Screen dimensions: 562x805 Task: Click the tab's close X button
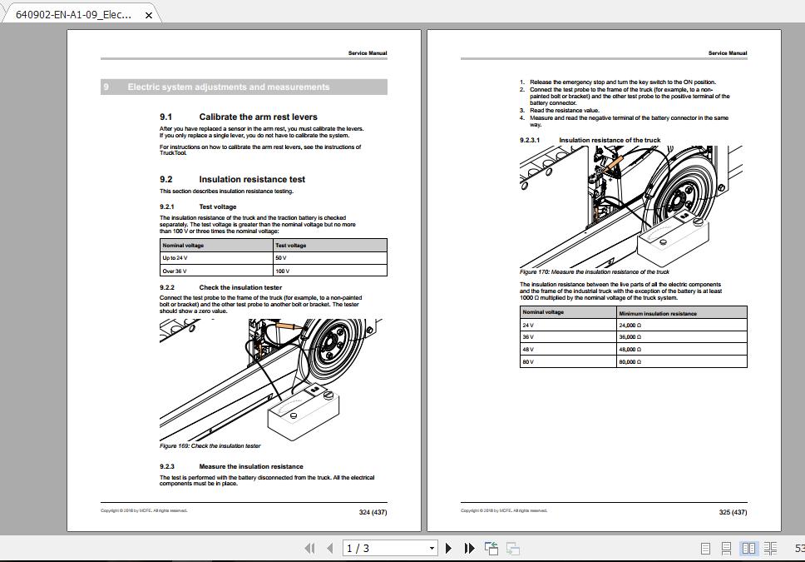149,14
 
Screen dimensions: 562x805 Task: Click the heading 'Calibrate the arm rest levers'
258,117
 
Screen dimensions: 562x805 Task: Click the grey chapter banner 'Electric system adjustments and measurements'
244,87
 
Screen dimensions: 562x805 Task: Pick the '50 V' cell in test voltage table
281,258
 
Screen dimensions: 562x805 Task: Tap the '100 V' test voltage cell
282,271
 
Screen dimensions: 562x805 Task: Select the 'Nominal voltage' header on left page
183,246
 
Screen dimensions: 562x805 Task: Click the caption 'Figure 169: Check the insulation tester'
210,446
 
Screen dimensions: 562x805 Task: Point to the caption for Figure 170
594,271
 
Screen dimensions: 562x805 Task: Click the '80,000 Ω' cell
630,362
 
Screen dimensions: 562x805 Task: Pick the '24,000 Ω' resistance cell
630,326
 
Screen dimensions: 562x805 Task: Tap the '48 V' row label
528,350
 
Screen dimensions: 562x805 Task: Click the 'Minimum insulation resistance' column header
658,313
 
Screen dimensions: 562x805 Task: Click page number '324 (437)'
373,512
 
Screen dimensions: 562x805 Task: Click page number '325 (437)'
733,512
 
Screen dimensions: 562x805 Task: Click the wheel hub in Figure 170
681,199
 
